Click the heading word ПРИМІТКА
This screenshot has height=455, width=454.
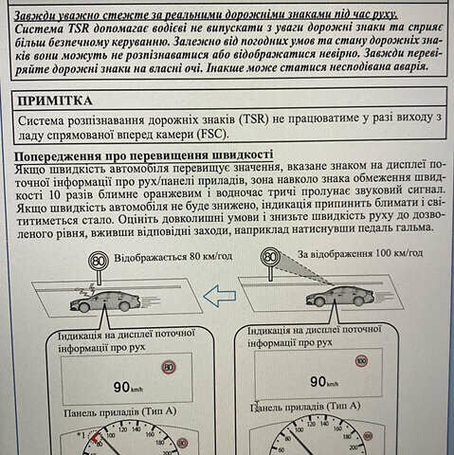coord(55,100)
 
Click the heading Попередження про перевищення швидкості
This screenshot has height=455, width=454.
coord(144,155)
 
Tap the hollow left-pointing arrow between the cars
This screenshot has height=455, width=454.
coord(220,296)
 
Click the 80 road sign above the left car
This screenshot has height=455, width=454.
coord(99,262)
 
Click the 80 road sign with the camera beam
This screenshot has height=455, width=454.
coord(270,257)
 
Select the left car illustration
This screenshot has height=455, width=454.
coord(105,301)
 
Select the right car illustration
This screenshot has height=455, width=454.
coord(339,297)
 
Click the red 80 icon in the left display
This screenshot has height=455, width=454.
coord(169,368)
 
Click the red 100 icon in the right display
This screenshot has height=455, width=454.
coord(361,361)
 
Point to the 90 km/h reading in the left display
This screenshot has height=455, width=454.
coord(128,387)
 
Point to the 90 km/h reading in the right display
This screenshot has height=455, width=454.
coord(324,382)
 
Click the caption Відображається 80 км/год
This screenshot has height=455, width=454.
coord(173,257)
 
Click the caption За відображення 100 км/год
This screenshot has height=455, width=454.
coord(360,253)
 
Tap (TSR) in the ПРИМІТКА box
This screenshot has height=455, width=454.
coord(255,119)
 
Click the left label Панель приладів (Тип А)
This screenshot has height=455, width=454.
coord(120,412)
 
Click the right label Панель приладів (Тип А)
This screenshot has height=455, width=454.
coord(305,407)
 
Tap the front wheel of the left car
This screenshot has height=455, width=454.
coord(83,307)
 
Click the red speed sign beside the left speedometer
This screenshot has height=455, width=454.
coord(182,443)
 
